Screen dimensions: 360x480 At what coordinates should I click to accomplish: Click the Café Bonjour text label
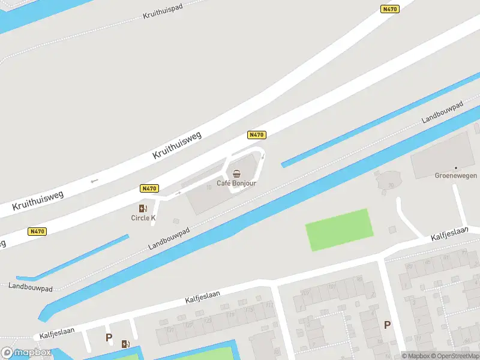(236, 183)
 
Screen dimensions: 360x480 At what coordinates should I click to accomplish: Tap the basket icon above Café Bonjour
(236, 173)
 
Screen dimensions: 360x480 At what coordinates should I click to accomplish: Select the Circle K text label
(143, 218)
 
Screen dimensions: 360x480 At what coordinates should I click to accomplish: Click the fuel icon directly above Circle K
(143, 208)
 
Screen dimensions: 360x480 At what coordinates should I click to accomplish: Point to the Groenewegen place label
(455, 176)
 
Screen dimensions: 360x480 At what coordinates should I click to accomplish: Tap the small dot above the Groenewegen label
(455, 167)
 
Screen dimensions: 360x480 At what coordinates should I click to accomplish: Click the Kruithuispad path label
(162, 12)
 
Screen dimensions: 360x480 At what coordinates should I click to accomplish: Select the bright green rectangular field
(339, 230)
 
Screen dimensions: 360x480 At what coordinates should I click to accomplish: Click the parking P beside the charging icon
(109, 338)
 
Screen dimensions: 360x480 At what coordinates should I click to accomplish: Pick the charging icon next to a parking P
(125, 344)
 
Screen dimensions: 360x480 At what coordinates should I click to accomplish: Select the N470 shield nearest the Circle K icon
(149, 188)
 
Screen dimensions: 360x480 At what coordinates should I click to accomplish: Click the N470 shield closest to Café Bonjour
(256, 135)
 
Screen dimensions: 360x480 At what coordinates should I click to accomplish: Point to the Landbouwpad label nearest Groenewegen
(442, 113)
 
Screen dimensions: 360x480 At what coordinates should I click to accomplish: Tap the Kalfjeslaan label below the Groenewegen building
(449, 235)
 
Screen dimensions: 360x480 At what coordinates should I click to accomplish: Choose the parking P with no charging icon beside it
(387, 325)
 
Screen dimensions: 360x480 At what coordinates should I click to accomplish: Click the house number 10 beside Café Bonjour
(209, 187)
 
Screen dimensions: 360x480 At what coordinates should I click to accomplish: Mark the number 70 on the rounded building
(391, 185)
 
